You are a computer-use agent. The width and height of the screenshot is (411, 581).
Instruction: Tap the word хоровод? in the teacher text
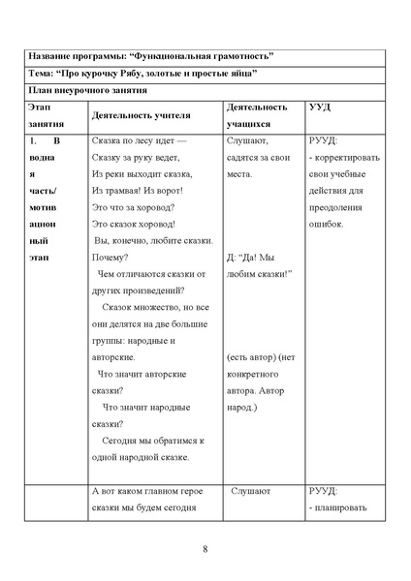(153, 206)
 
